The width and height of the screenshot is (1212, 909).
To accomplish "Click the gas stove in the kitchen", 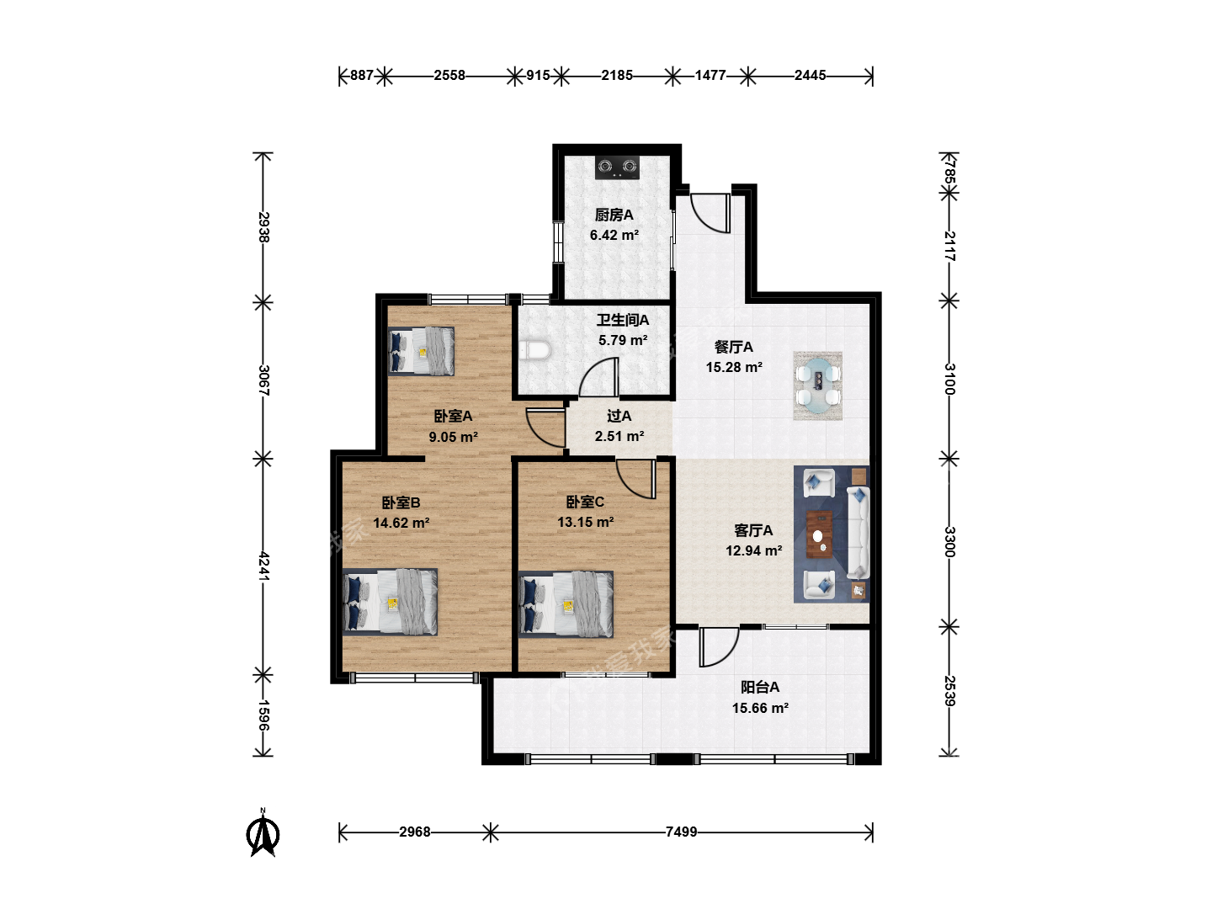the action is [617, 167].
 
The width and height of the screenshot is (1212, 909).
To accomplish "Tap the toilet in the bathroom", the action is [534, 350].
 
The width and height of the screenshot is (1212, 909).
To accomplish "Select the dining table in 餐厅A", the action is [818, 385].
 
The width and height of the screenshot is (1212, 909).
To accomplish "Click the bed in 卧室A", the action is [421, 351].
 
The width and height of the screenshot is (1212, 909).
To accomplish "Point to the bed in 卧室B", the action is [390, 602].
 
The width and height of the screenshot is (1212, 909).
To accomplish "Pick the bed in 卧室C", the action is [566, 603].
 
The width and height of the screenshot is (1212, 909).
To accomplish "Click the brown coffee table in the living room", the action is [820, 534].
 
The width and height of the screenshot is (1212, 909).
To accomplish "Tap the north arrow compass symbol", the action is [263, 832].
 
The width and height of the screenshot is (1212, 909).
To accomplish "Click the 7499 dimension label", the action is [682, 832].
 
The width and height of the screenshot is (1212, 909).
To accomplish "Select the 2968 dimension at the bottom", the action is [415, 832].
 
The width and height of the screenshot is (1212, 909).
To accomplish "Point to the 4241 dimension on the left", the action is [263, 566].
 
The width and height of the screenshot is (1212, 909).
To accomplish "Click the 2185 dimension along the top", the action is [617, 75].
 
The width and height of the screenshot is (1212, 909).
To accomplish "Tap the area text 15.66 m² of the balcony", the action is [760, 708].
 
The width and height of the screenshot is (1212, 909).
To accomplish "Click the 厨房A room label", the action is [614, 215].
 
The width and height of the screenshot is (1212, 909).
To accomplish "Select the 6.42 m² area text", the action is [614, 235].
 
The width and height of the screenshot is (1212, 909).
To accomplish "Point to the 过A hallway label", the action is [619, 416].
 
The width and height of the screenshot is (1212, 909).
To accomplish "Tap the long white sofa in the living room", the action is [858, 533].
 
